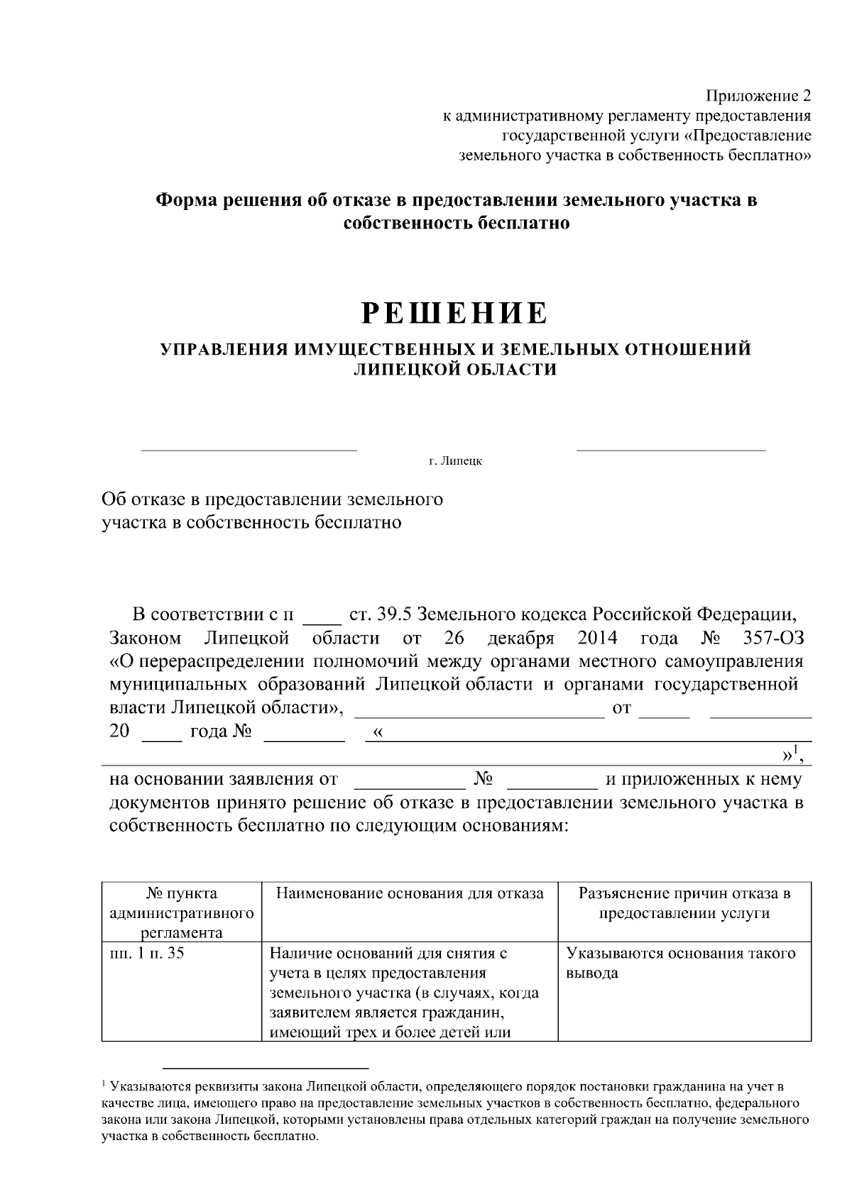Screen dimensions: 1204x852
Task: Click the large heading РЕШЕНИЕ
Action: (x=455, y=313)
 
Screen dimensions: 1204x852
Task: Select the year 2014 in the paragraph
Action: (x=597, y=637)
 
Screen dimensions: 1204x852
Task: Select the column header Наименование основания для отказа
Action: (x=410, y=893)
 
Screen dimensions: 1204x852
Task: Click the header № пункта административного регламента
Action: (x=182, y=912)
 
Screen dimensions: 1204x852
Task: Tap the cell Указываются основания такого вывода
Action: (x=680, y=963)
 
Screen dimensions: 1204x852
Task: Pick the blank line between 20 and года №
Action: (x=162, y=739)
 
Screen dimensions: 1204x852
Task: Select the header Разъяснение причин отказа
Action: (x=684, y=893)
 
